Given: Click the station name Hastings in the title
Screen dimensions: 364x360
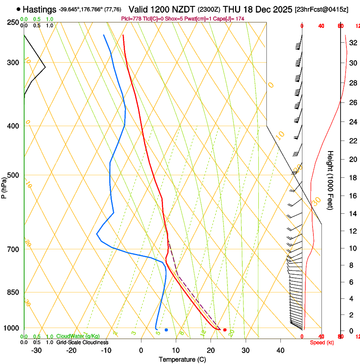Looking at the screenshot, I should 39,9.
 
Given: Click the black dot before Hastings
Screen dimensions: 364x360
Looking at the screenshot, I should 18,9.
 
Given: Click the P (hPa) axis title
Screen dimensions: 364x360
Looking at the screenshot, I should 4,186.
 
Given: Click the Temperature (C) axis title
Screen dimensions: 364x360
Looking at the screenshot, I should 182,359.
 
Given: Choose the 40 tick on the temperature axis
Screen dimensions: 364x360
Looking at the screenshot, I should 280,350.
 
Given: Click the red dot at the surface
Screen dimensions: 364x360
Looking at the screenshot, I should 225,330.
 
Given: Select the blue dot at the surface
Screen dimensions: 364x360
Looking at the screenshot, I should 166,330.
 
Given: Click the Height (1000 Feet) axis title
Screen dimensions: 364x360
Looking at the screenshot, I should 331,180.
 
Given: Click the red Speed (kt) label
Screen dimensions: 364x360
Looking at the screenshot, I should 322,342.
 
